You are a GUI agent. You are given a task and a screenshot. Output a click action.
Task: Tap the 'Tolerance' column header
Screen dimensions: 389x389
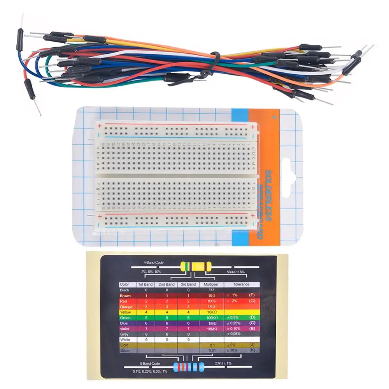click(241, 284)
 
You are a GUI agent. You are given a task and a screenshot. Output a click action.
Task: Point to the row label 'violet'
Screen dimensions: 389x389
click(125, 329)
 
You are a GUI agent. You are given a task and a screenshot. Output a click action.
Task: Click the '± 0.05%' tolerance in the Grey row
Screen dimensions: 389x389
click(234, 334)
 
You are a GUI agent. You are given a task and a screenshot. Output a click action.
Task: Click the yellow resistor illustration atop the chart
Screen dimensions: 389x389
click(196, 267)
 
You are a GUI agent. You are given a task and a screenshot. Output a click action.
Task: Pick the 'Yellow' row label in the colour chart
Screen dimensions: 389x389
click(125, 312)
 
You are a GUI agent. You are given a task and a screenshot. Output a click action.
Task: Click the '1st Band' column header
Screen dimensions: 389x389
click(146, 284)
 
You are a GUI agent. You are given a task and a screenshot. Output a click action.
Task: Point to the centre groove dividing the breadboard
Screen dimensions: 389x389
click(175, 176)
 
